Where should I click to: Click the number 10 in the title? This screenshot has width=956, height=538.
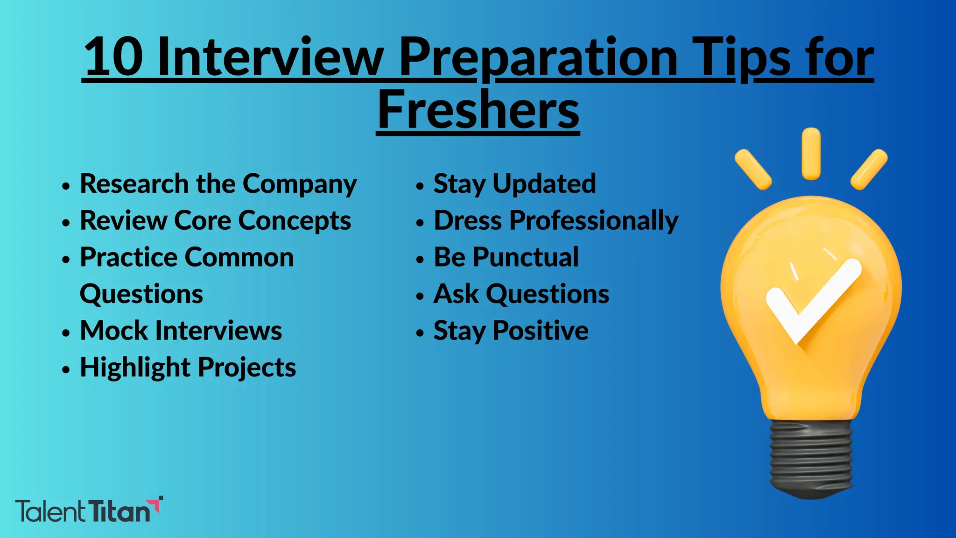point(113,57)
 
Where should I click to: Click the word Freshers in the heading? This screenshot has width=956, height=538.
point(478,110)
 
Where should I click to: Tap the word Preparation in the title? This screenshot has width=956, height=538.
point(539,57)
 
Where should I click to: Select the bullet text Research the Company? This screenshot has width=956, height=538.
point(218,184)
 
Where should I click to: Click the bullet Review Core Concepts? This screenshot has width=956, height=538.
point(215,220)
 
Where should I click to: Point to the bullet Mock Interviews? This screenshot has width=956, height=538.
point(181,331)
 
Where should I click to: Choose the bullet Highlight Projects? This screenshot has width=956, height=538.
point(188,368)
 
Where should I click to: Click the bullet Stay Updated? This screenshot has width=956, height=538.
point(514,184)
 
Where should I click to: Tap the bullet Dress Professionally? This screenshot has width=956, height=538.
point(555,220)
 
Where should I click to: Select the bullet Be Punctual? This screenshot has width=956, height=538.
point(506,257)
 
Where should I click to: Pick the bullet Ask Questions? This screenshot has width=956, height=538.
point(521,294)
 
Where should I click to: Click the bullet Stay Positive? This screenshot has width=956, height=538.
point(511,331)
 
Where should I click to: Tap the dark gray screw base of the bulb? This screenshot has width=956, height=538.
point(811,458)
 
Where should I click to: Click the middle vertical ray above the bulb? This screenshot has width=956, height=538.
point(811,154)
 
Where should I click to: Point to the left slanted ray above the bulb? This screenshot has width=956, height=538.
point(752,170)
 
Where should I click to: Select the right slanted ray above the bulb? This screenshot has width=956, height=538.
point(869,170)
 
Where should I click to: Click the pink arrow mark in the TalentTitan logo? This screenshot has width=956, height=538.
point(157,504)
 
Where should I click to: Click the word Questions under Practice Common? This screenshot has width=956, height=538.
point(141,294)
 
